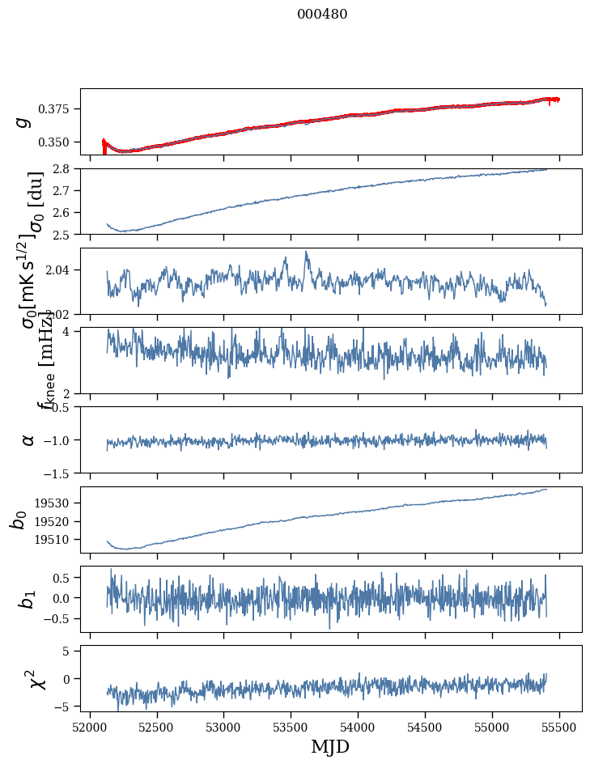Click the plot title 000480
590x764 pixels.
tap(322, 15)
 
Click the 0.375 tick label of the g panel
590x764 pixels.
tap(60, 109)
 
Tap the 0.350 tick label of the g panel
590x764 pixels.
tap(60, 142)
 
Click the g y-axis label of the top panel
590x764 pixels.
tap(23, 121)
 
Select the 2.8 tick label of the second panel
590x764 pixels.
tap(66, 168)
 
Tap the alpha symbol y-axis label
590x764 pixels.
tap(28, 439)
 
